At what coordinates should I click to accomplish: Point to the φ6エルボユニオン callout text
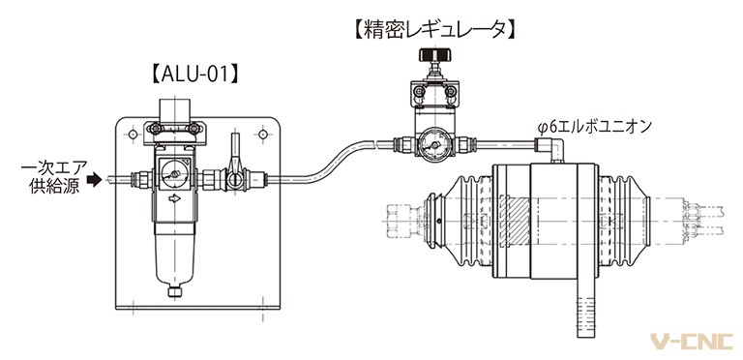(595, 127)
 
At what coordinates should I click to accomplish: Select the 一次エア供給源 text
(54, 176)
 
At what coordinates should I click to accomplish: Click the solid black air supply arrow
(95, 180)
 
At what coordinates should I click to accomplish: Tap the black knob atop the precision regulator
(434, 55)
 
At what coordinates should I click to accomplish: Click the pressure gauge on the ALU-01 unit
(174, 174)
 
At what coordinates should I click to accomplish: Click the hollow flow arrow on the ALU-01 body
(174, 200)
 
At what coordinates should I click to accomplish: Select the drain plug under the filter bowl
(174, 291)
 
